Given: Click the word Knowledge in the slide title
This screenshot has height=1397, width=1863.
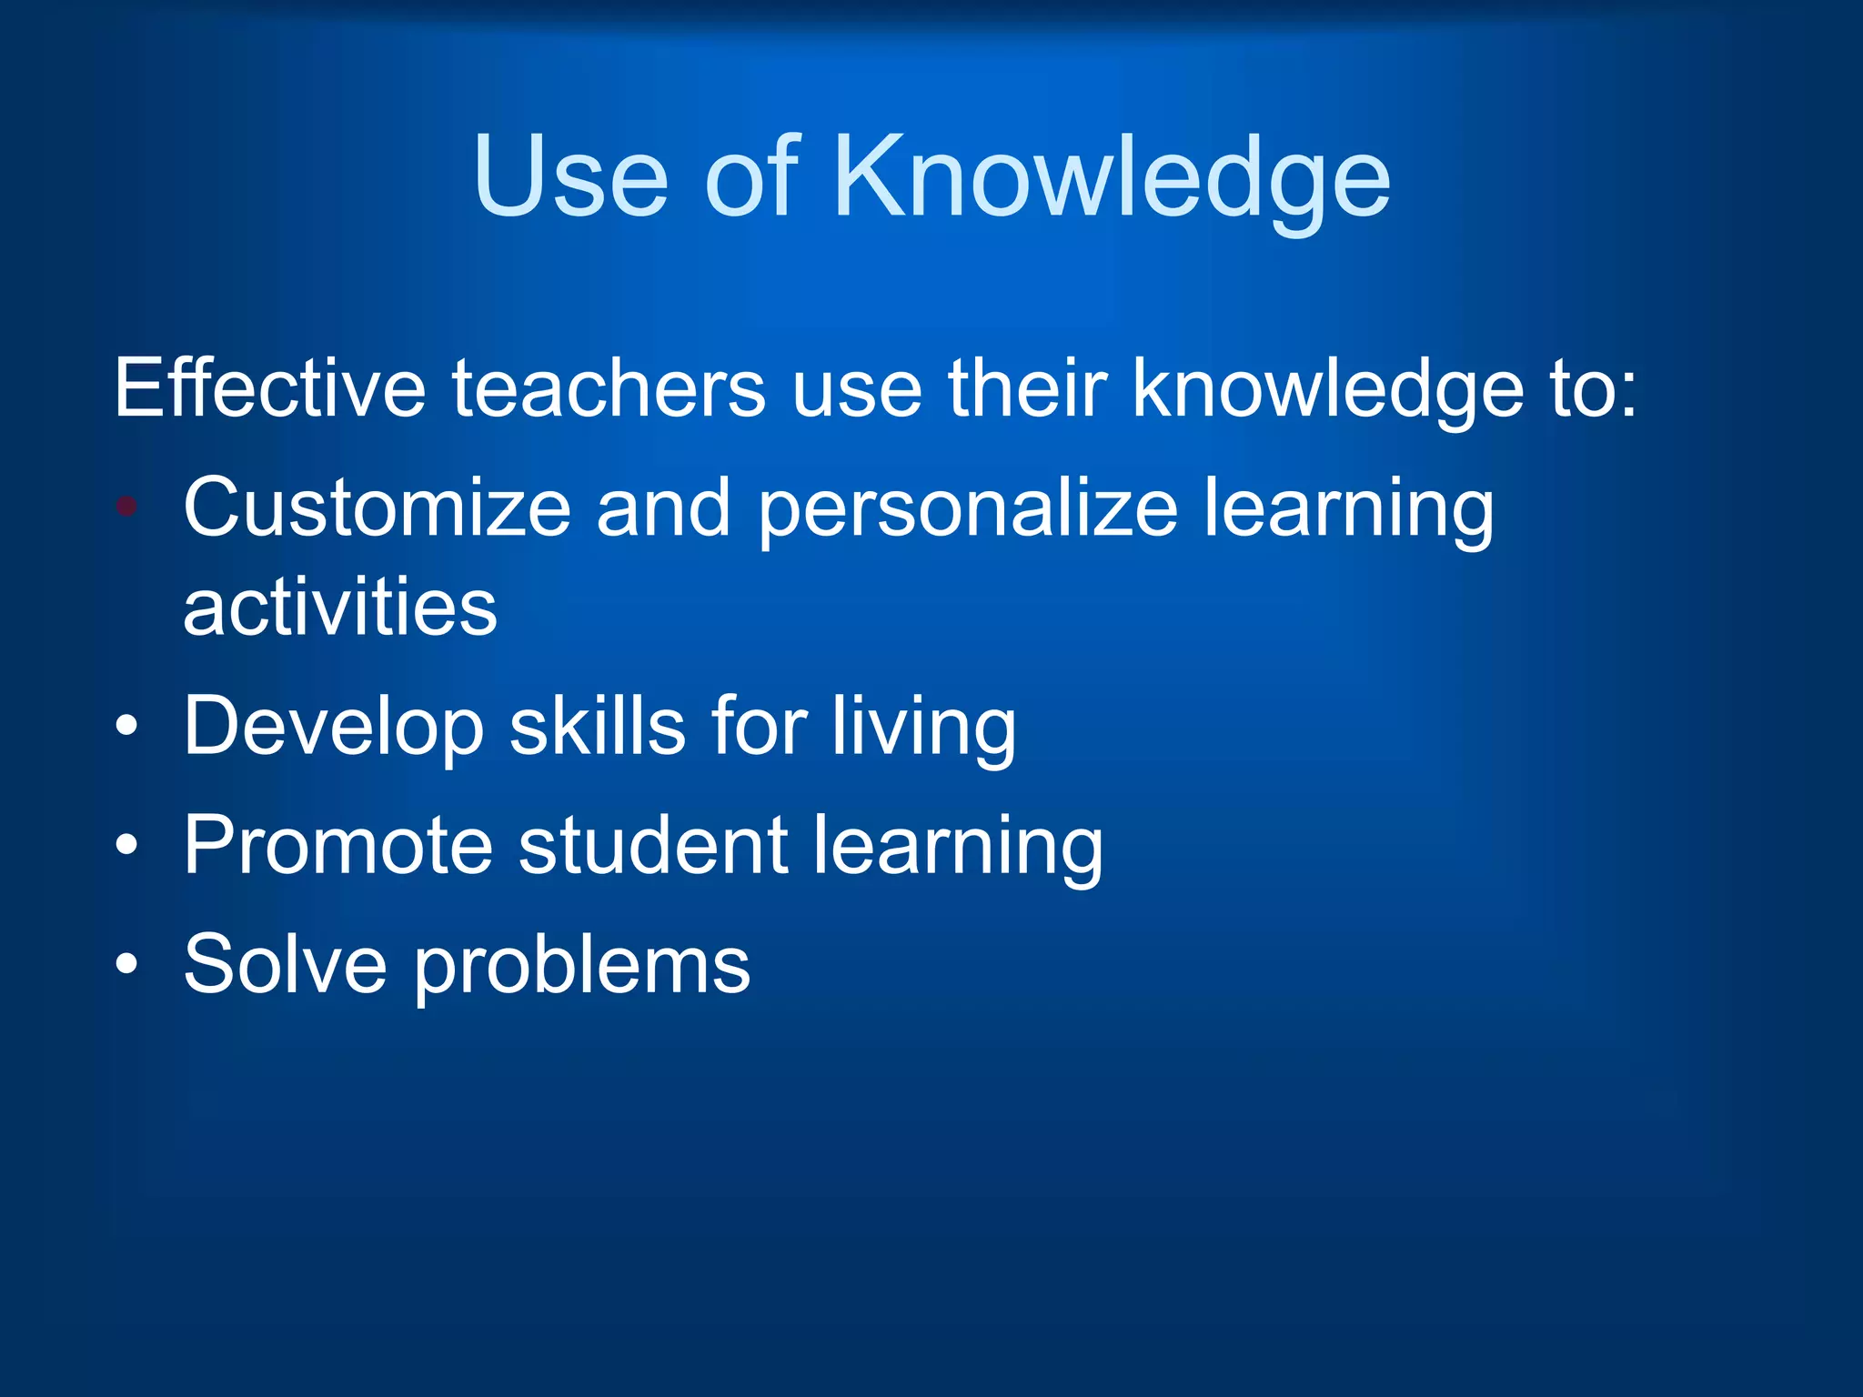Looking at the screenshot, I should tap(1112, 176).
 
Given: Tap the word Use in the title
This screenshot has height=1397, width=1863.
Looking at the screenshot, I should tap(570, 176).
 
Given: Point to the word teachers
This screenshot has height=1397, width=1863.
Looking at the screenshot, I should tap(609, 389).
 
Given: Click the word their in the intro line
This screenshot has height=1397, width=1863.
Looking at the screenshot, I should tap(1028, 389).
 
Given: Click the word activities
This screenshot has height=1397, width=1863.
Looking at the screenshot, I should tap(340, 608).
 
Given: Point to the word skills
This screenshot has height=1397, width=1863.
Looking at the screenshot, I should tap(597, 726).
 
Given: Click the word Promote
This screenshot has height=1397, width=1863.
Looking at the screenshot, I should tap(338, 845).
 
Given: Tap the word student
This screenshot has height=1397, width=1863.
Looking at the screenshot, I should tap(653, 845).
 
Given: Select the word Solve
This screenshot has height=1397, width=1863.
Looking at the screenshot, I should tap(285, 964).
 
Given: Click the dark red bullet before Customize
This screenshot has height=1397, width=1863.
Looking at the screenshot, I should tap(127, 507).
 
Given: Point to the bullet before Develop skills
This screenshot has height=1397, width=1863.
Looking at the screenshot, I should tap(127, 726).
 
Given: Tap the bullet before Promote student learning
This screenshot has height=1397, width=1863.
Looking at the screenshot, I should tap(127, 845).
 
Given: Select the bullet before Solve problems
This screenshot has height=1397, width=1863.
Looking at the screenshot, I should tap(127, 964).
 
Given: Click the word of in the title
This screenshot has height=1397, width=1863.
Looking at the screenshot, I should tap(751, 176).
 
